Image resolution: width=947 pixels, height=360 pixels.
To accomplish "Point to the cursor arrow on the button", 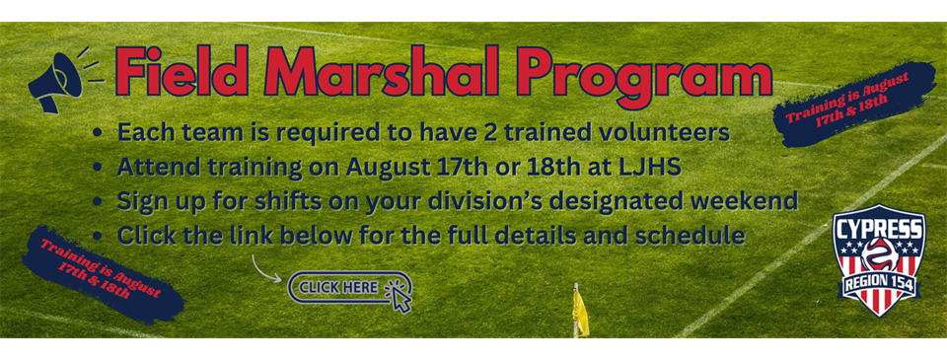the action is click(x=400, y=295).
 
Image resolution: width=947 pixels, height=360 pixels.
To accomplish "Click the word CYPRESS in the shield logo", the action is click(x=879, y=228).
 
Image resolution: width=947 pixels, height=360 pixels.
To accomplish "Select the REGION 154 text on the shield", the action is click(x=879, y=281).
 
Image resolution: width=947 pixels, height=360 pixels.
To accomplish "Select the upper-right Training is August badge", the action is click(x=852, y=104).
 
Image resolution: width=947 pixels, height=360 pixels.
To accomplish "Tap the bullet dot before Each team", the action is click(x=98, y=133).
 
